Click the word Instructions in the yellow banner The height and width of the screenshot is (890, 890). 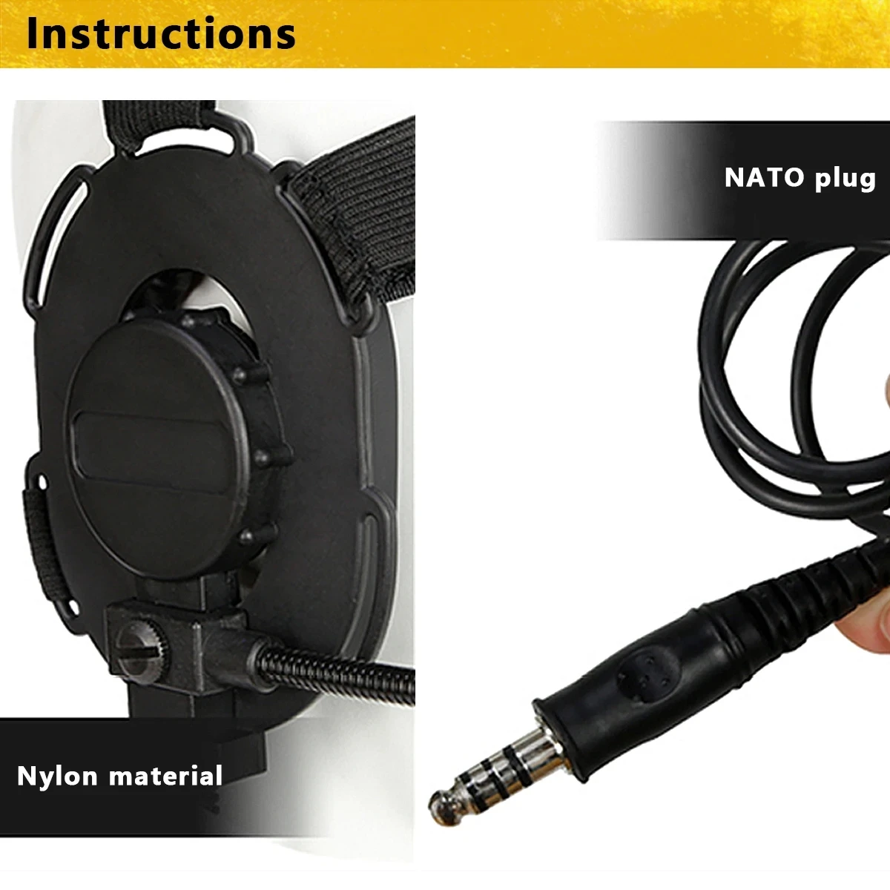pos(161,33)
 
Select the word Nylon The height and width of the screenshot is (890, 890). pos(57,776)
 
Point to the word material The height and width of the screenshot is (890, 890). pos(165,776)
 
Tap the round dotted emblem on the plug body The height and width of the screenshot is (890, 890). pos(647,669)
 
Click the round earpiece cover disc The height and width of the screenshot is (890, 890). pos(159,438)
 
